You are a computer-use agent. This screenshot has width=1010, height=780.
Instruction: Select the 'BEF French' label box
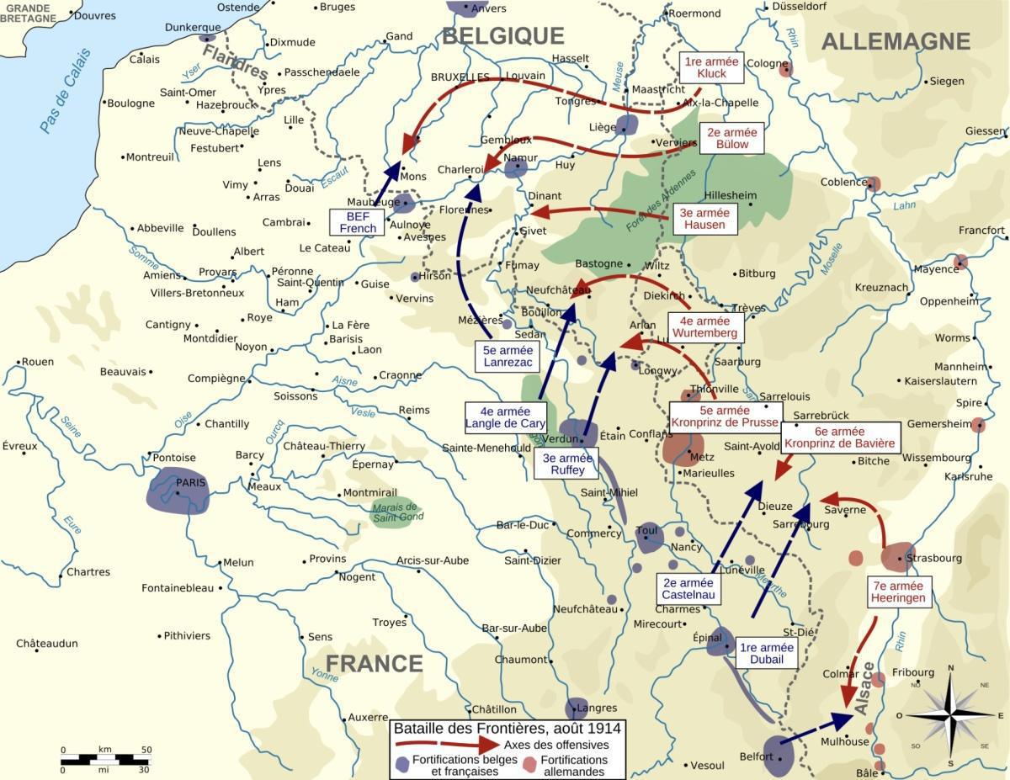[358, 222]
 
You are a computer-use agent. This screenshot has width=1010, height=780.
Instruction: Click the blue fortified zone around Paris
[178, 490]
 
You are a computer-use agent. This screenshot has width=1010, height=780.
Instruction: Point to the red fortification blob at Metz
[683, 448]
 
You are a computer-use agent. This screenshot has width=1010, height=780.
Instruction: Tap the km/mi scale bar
[105, 759]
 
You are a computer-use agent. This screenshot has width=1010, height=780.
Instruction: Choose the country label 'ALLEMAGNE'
[896, 42]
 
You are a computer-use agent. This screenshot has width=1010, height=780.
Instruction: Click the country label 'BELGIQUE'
[502, 35]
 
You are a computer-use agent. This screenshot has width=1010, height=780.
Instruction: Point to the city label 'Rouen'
[37, 362]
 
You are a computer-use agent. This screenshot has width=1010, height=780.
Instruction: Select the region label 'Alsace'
[865, 693]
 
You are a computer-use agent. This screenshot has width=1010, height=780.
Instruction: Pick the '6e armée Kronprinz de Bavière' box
[841, 437]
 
